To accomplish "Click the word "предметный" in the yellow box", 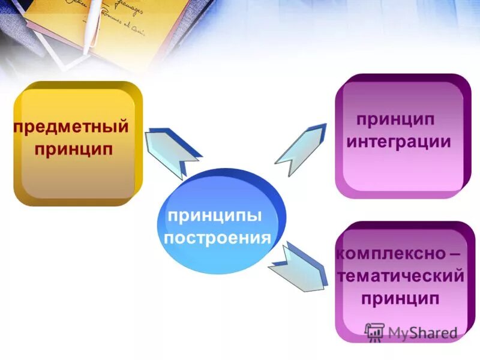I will (71, 127).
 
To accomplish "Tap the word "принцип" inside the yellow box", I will (74, 148).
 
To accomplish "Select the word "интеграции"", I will (398, 142).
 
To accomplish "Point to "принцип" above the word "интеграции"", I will (395, 119).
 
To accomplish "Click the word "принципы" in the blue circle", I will (215, 215).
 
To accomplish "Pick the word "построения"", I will (217, 238).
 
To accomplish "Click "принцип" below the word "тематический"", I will (400, 298).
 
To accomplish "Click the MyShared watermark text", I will (422, 332).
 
